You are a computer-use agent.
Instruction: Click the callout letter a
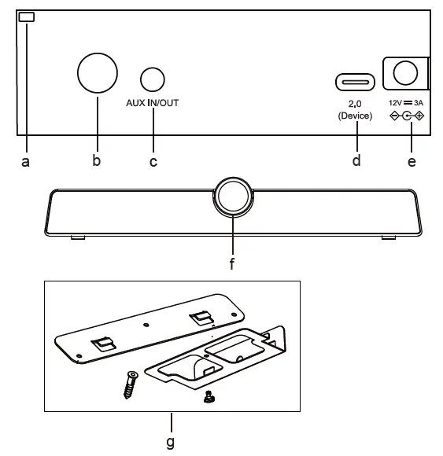coord(25,162)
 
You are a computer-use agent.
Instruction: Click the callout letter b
coord(97,161)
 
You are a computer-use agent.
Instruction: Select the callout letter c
coord(153,162)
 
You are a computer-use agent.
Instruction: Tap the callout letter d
coord(356,161)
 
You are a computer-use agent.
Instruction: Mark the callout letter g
coord(170,442)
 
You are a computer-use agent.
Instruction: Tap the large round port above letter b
coord(98,73)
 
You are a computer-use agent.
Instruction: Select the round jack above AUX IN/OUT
coord(153,79)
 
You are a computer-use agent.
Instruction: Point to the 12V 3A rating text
coord(407,103)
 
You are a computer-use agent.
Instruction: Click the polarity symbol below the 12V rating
coord(407,116)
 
